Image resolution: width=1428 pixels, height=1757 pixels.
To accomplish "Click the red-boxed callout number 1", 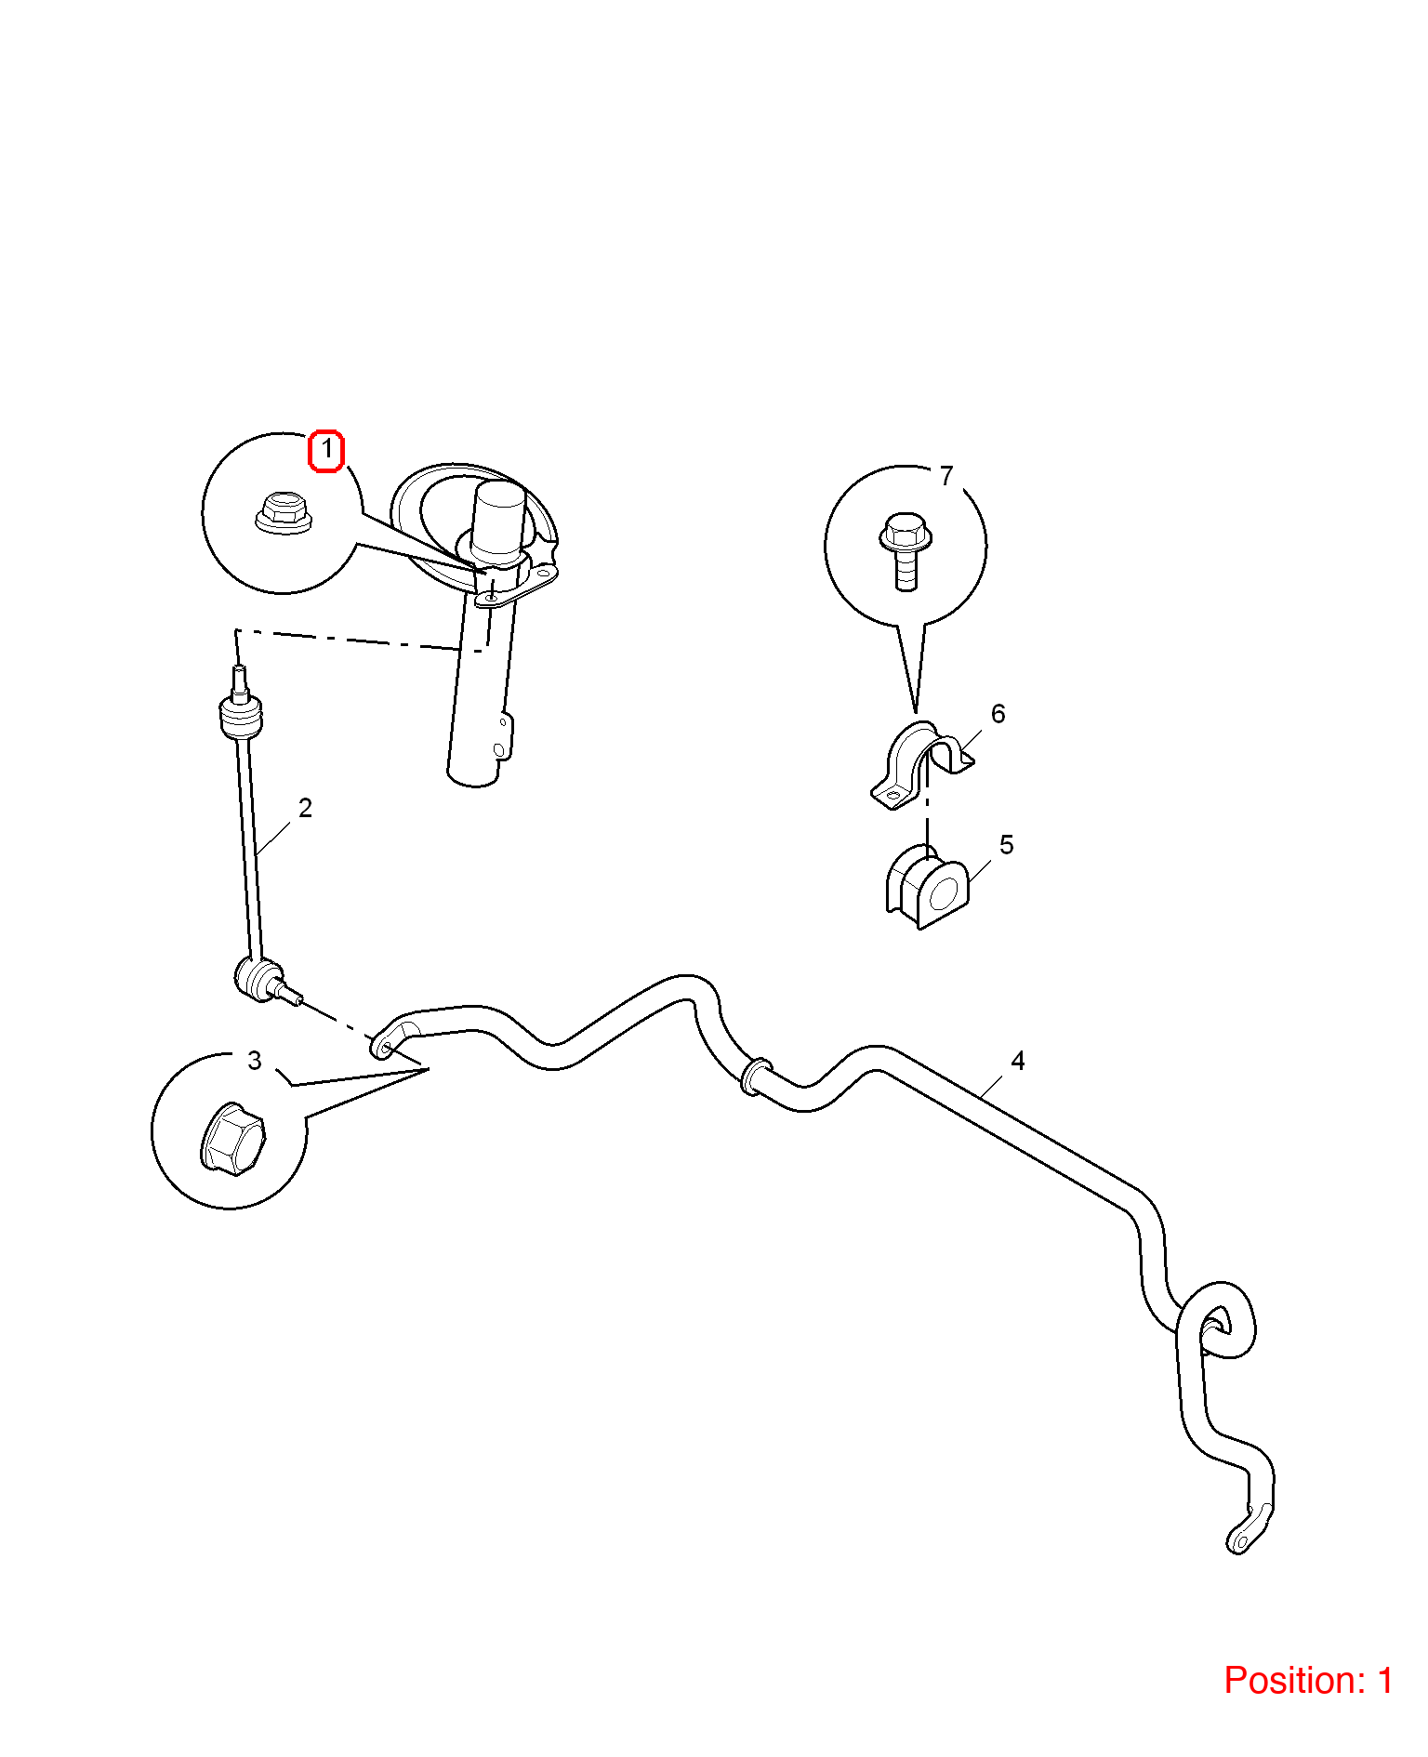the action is coord(326,451).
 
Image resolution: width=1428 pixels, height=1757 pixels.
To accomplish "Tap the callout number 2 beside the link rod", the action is coord(305,808).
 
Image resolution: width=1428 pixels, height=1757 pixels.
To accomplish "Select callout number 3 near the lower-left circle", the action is coord(255,1061).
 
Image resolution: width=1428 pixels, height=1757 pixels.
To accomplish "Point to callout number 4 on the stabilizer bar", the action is coord(1018,1061).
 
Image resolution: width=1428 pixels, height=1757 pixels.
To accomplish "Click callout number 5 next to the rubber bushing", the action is coord(1006,845).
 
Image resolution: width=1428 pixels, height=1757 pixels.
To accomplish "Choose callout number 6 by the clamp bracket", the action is coord(998,714).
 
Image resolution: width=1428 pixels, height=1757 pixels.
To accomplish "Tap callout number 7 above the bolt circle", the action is coord(946,476).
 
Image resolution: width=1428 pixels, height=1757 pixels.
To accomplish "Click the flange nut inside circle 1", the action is coord(284,513).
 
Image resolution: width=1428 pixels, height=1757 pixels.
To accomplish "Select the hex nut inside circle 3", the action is coord(232,1139).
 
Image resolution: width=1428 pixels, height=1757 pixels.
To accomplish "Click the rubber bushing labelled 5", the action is coord(928,886).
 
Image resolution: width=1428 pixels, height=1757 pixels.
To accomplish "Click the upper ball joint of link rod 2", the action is coord(239,716).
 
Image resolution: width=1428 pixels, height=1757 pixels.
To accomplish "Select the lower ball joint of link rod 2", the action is coord(260,980).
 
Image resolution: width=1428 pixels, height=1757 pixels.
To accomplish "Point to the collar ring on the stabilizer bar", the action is coord(755,1075).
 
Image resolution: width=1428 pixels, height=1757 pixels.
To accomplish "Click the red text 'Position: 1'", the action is coord(1308,1680).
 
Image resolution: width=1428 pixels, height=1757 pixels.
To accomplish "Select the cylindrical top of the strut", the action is coord(498,521).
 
